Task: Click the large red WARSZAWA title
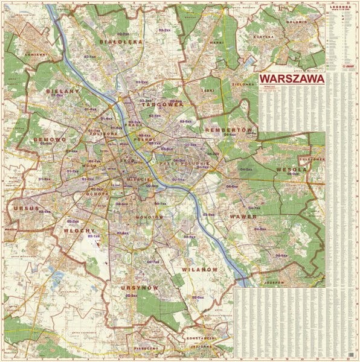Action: [291, 79]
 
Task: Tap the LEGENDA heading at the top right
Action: [341, 4]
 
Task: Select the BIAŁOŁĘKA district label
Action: [121, 43]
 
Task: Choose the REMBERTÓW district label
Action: [228, 130]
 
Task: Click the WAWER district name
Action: [243, 215]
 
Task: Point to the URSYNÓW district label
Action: [139, 288]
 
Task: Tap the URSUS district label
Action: [22, 209]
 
